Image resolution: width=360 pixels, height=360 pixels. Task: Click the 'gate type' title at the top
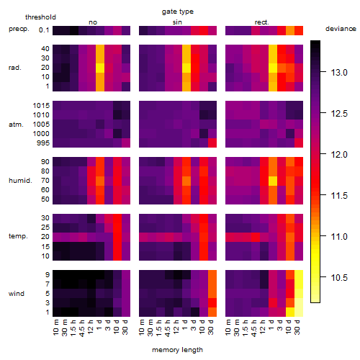[178, 12]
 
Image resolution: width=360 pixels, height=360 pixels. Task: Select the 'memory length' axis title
[177, 350]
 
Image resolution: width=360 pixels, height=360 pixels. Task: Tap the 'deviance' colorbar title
[341, 29]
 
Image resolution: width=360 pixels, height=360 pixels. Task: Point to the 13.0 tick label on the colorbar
[339, 72]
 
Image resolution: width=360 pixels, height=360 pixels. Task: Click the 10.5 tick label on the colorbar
[339, 278]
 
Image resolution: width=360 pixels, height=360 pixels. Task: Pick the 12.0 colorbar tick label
[339, 155]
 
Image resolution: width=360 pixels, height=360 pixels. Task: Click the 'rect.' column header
[261, 22]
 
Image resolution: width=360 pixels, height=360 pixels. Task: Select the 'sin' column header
[177, 22]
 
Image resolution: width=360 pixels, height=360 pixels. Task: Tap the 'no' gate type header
[93, 22]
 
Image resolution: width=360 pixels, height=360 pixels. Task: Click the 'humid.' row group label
[20, 181]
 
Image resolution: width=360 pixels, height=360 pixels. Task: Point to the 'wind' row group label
[17, 294]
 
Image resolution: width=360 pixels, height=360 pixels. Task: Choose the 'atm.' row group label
[16, 125]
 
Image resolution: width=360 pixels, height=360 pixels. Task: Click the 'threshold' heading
[40, 17]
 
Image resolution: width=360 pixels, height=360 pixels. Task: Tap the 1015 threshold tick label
[41, 106]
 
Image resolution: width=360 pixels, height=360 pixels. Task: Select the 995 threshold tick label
[43, 143]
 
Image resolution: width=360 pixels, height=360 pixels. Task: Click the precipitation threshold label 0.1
[44, 30]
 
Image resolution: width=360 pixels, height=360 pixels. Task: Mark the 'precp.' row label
[19, 29]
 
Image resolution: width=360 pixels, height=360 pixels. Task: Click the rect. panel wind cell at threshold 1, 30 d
[299, 312]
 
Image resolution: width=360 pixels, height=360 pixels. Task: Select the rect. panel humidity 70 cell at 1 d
[273, 181]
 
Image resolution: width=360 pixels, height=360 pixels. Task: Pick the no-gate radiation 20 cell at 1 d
[100, 68]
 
